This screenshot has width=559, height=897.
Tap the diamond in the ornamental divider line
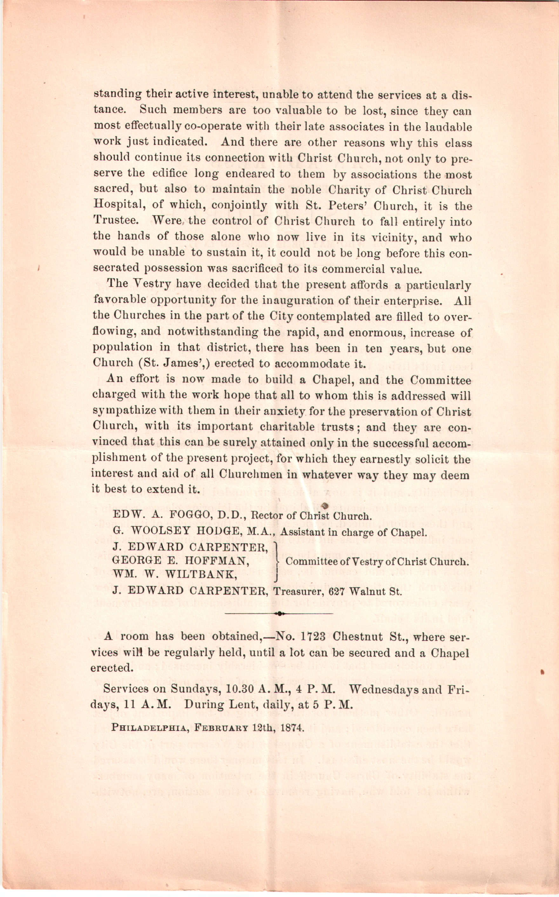279,614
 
